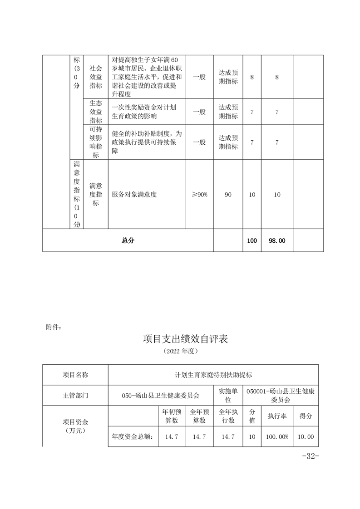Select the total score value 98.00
[277, 241]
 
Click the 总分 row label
[128, 241]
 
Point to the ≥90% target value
[199, 194]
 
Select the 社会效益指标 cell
[96, 77]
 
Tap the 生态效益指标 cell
[96, 111]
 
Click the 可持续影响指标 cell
[96, 142]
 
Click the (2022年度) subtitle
[180, 352]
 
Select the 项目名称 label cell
[75, 375]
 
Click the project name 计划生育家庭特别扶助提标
[213, 375]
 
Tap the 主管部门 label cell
[75, 396]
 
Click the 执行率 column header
[277, 416]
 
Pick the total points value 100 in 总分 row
[252, 241]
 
